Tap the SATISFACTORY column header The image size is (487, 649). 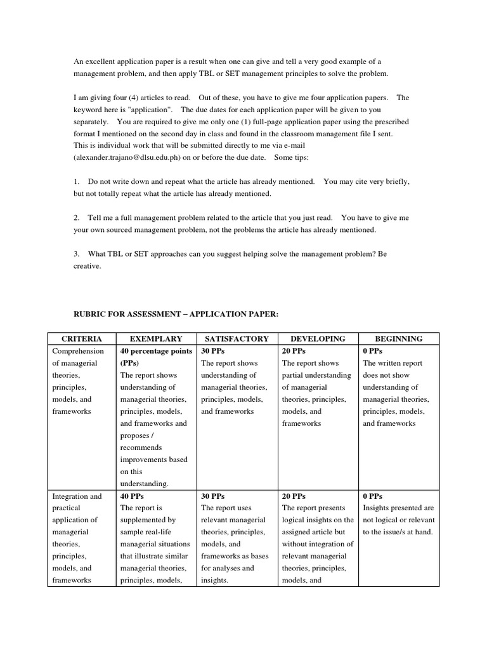237,338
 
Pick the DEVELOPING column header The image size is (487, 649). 318,338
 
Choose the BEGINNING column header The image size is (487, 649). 398,338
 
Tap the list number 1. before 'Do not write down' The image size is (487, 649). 76,181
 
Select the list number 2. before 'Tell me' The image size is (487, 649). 76,217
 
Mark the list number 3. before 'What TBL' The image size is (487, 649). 76,254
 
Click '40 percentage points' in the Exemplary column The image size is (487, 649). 156,351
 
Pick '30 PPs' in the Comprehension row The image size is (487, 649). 212,351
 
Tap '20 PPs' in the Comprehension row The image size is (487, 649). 294,351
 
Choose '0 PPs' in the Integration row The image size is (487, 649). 373,496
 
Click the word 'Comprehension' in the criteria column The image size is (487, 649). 77,351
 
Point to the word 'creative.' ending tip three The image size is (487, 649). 87,266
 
